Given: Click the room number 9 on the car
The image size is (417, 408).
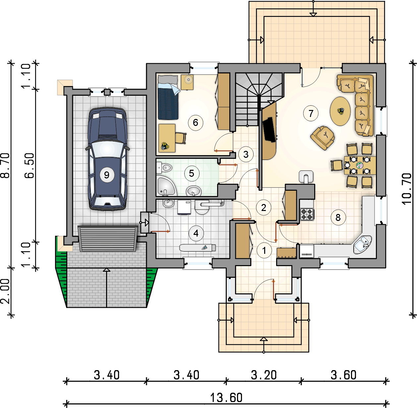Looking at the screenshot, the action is (x=107, y=175).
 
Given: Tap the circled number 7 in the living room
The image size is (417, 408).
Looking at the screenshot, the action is (x=311, y=113).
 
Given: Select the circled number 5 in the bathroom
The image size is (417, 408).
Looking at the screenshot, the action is (x=191, y=173).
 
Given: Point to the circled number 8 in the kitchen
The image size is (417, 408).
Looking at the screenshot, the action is (x=338, y=218).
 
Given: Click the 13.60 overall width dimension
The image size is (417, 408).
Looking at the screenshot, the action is (x=226, y=397).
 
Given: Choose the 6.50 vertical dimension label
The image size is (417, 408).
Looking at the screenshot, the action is (x=30, y=165).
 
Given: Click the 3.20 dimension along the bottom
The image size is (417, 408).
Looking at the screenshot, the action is (x=264, y=375).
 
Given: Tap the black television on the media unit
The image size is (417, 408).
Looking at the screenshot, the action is (x=268, y=130).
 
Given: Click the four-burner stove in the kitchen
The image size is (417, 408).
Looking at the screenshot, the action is (x=307, y=214).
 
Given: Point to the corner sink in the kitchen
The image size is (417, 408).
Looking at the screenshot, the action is (x=362, y=244).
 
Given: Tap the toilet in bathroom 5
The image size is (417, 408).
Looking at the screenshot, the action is (x=164, y=167).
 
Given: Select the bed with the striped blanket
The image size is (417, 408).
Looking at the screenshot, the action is (x=168, y=97).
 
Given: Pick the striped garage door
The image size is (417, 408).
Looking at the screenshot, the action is (x=108, y=238).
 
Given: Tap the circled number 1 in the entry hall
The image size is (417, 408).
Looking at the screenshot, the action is (x=264, y=251).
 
